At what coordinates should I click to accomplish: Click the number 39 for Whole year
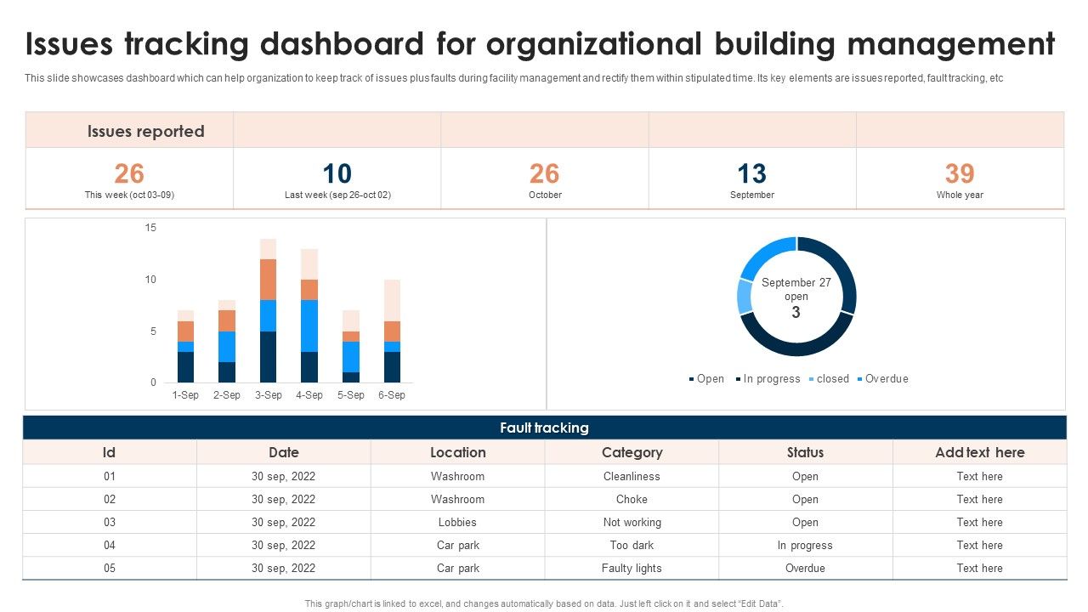pos(960,173)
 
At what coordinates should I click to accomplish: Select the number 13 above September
pos(751,173)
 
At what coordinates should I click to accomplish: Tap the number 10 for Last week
pos(337,173)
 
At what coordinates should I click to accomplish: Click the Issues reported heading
pos(146,131)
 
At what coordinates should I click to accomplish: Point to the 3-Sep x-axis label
pos(268,395)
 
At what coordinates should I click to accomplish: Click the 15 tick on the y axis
pos(151,228)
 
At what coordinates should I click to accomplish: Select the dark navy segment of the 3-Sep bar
pos(268,357)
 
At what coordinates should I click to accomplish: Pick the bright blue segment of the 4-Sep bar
pos(309,326)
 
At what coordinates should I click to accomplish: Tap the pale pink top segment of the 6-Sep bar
pos(392,300)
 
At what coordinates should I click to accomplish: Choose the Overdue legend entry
pos(886,379)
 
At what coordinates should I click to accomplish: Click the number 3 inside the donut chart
pos(796,312)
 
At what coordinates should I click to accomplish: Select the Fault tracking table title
pos(544,428)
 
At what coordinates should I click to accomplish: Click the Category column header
pos(632,452)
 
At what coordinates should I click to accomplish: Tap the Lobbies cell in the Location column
pos(457,522)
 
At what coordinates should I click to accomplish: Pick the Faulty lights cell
pos(632,568)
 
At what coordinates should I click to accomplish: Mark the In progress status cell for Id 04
pos(805,545)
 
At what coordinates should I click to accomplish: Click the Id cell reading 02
pos(110,499)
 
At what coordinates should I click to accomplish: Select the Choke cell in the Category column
pos(632,499)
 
